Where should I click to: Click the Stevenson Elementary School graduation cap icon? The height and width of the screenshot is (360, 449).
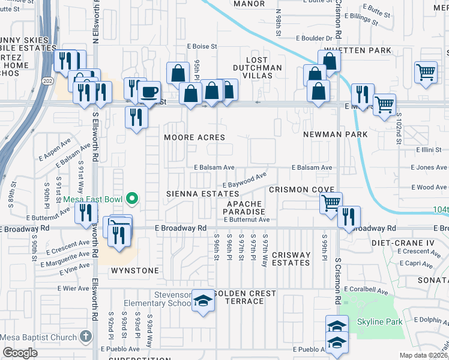click(203, 299)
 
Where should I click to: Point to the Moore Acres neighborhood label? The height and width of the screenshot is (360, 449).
click(195, 137)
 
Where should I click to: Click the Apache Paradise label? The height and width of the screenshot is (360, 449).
click(245, 208)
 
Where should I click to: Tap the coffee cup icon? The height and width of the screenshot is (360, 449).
click(149, 92)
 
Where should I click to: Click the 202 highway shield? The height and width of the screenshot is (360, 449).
click(46, 80)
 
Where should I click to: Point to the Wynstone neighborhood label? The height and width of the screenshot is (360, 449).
click(135, 271)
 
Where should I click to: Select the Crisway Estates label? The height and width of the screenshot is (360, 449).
click(291, 259)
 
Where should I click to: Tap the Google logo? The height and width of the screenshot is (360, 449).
click(20, 353)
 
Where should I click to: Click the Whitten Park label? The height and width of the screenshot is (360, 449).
click(358, 50)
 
